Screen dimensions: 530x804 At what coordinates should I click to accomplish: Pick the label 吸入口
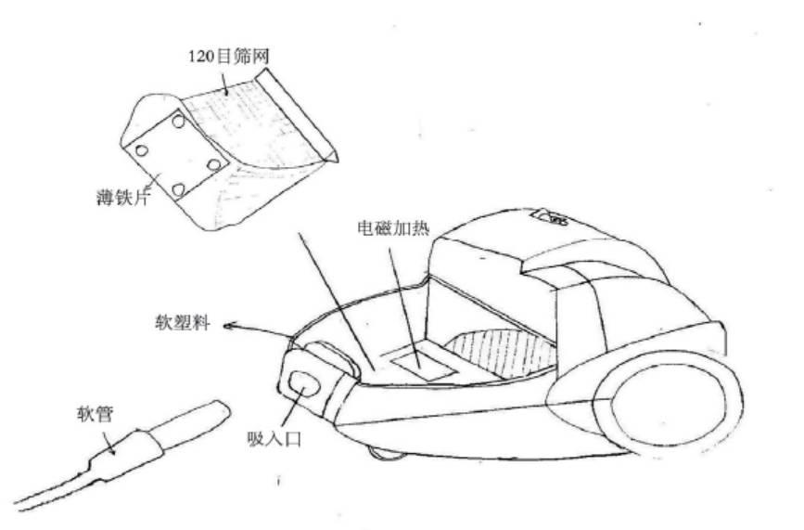274,437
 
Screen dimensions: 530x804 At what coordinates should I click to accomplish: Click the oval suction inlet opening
301,381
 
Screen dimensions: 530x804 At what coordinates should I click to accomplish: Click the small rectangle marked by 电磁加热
423,356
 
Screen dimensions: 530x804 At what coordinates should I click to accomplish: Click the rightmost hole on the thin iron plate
215,164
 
